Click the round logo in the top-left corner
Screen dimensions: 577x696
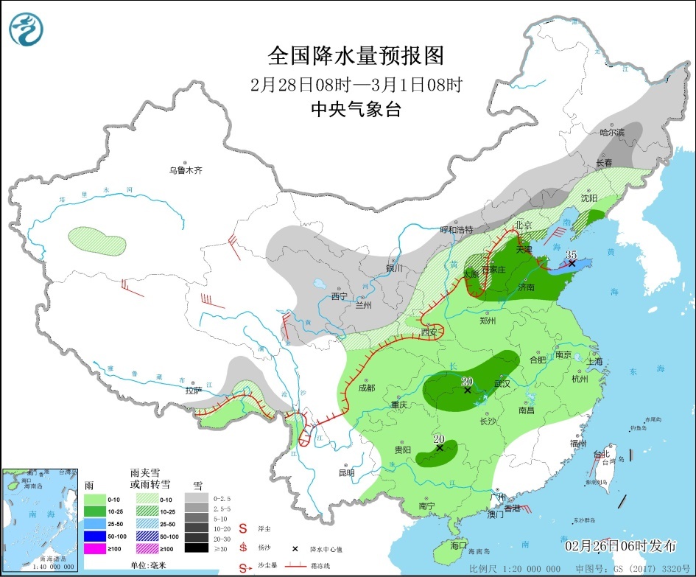coord(27,28)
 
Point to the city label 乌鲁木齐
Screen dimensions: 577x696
coord(185,170)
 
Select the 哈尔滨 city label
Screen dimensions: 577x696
coord(611,133)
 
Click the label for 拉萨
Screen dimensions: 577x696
coord(194,390)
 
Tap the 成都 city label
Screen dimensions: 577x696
coord(366,388)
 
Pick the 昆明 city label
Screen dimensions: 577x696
coord(345,472)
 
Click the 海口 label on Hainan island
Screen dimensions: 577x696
coord(458,545)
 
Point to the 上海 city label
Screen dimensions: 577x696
coord(595,362)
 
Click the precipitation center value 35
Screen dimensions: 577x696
coord(571,255)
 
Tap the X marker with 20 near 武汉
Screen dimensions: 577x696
coord(467,390)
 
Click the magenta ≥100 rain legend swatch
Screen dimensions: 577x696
coord(94,548)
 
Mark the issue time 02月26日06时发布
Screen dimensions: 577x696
coord(620,546)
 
